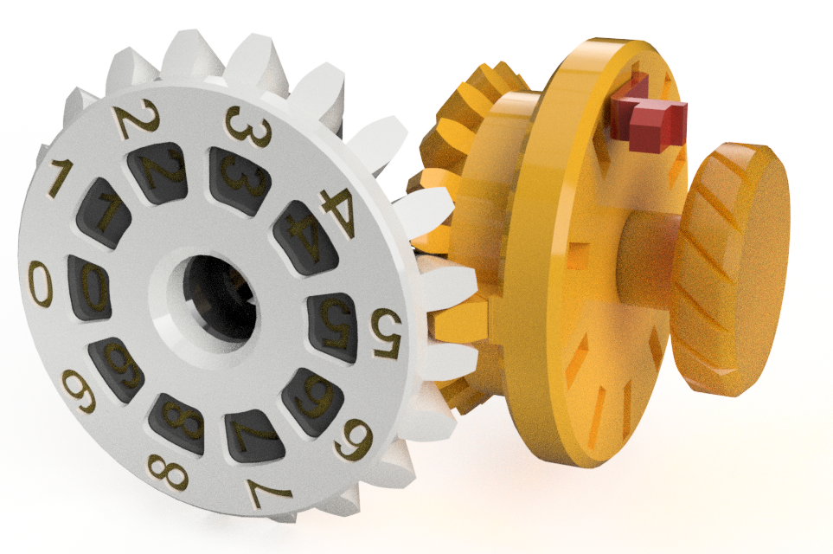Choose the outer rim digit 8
coord(163,469)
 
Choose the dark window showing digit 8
coord(179,422)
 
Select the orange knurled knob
coord(732,268)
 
